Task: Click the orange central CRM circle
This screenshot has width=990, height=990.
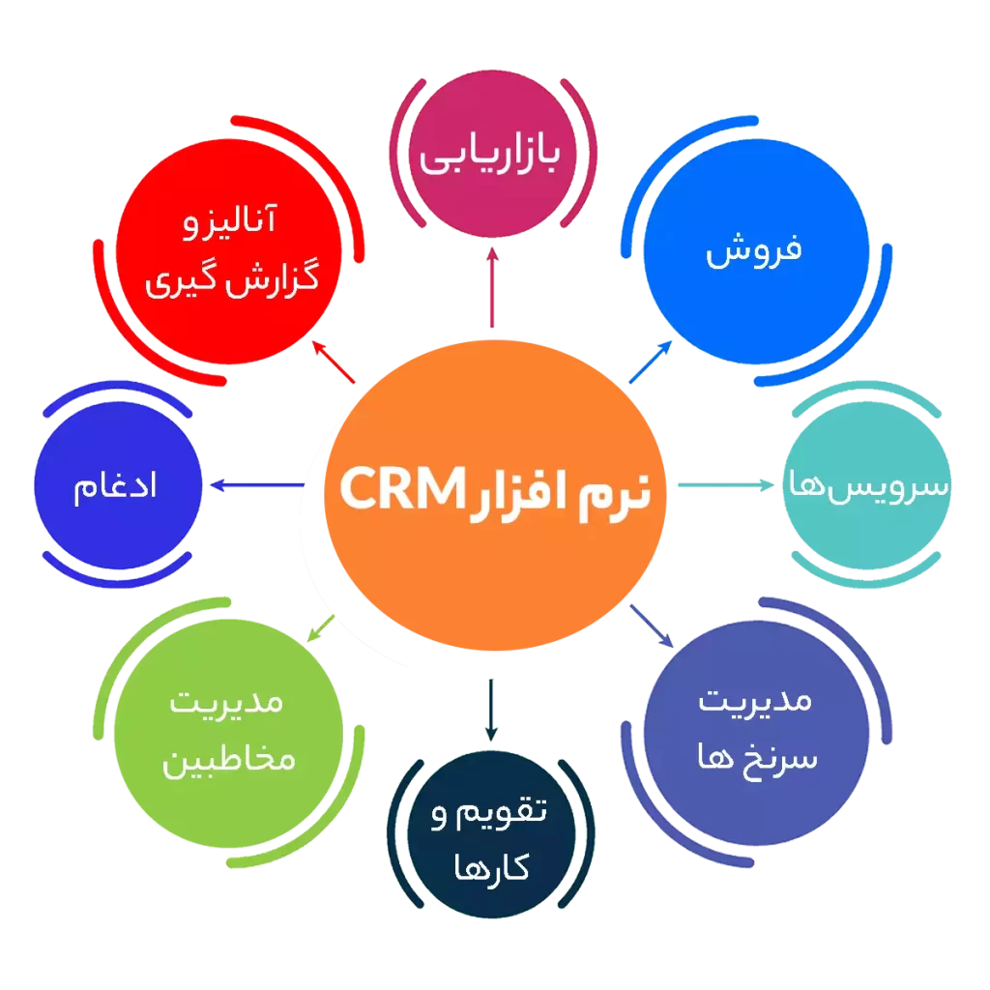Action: click(x=495, y=495)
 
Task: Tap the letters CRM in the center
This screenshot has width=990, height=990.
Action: click(x=403, y=488)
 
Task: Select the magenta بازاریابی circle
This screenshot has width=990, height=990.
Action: click(x=493, y=154)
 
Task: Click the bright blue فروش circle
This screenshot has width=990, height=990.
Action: click(x=756, y=251)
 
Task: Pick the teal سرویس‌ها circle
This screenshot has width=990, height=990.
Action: click(x=867, y=485)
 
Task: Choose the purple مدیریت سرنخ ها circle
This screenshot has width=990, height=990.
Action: click(x=756, y=733)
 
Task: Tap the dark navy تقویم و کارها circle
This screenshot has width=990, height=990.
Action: click(x=491, y=834)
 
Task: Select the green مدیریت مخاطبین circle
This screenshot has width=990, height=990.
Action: click(x=228, y=734)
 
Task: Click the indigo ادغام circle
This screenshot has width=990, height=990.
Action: click(x=118, y=485)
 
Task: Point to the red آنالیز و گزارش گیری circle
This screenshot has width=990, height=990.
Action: click(x=228, y=251)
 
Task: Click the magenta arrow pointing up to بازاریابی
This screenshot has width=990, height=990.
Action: click(x=492, y=287)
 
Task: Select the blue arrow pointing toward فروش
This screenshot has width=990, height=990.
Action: click(x=651, y=362)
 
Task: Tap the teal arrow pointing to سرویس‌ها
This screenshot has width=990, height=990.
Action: click(x=725, y=485)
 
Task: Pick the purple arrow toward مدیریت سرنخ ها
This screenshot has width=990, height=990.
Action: click(x=652, y=626)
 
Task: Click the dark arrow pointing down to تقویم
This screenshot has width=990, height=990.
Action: click(x=491, y=710)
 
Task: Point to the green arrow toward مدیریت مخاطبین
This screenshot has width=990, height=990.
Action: click(x=321, y=628)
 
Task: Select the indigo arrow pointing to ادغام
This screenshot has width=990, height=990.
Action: click(x=257, y=485)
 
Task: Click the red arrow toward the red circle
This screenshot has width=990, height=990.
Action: click(x=334, y=362)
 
